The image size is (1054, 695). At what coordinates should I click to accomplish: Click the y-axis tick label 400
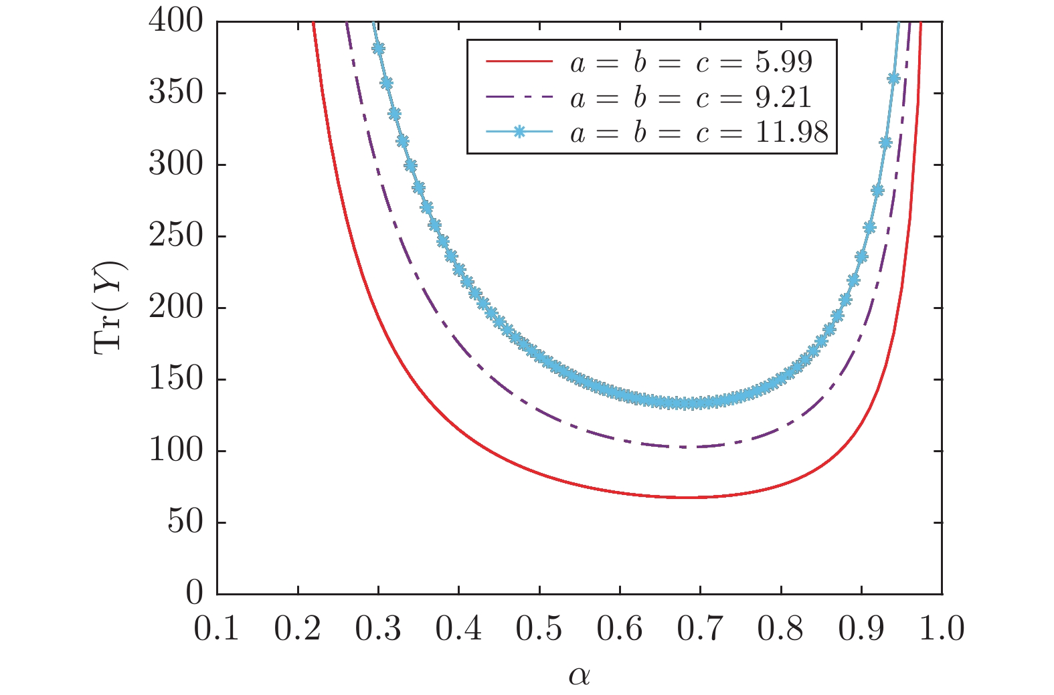click(x=175, y=21)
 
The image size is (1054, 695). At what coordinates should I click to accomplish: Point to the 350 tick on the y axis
click(x=175, y=93)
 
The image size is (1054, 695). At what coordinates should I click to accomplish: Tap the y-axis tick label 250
click(x=175, y=236)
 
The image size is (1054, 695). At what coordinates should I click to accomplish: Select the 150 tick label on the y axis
click(x=175, y=379)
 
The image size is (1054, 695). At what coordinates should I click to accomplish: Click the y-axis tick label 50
click(x=185, y=522)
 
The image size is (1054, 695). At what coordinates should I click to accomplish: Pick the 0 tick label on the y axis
click(x=194, y=593)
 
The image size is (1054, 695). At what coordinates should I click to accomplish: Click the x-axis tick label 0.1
click(x=217, y=629)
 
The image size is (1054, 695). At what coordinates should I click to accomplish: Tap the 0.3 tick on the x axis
click(x=378, y=629)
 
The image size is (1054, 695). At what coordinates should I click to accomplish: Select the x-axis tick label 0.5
click(x=539, y=629)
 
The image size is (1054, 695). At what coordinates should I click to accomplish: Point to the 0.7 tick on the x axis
click(x=700, y=629)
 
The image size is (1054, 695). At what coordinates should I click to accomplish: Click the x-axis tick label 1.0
click(x=942, y=629)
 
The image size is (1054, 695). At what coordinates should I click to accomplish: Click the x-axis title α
click(x=580, y=676)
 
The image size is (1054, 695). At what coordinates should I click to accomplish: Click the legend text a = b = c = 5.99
click(x=691, y=62)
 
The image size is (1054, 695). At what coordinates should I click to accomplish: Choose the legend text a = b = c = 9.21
click(x=691, y=98)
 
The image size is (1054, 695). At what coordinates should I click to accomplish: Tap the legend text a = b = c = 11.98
click(x=699, y=132)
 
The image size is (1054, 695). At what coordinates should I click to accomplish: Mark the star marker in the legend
click(x=519, y=132)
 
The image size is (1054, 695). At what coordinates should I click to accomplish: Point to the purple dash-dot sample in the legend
click(x=519, y=97)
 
